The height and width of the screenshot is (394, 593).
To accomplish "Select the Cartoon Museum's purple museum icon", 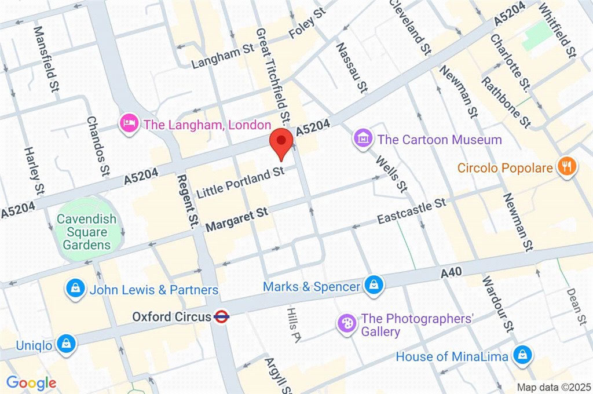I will (363, 138).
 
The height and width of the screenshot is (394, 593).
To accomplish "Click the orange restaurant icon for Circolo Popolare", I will (565, 167).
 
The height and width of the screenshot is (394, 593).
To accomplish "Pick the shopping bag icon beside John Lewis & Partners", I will (75, 289).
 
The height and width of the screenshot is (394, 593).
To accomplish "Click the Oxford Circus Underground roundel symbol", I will (221, 317).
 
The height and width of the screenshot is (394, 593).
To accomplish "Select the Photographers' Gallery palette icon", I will (346, 323).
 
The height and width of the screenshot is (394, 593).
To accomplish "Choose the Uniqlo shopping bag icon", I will (67, 344).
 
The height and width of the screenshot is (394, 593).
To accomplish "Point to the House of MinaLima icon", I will (522, 355).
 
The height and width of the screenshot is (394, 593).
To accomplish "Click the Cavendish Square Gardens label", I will (86, 232).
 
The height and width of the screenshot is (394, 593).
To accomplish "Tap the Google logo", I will (31, 382).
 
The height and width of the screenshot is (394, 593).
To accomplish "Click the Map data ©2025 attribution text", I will (553, 386).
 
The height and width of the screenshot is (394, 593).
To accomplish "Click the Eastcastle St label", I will (411, 211).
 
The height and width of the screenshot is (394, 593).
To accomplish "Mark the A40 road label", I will (449, 272).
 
